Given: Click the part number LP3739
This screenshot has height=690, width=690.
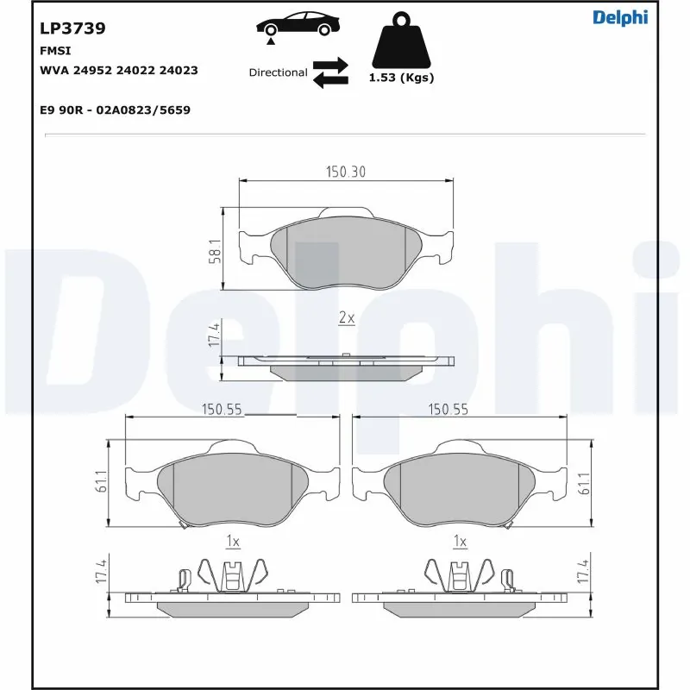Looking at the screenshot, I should pyautogui.click(x=72, y=28).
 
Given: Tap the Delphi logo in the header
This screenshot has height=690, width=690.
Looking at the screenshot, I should pyautogui.click(x=619, y=17).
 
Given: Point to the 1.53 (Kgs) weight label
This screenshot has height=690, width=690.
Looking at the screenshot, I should pyautogui.click(x=401, y=78).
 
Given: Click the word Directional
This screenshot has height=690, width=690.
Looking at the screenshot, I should pyautogui.click(x=278, y=72).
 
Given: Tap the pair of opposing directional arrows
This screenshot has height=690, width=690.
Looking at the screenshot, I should pyautogui.click(x=329, y=72).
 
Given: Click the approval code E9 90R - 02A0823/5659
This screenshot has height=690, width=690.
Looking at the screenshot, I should pyautogui.click(x=115, y=110).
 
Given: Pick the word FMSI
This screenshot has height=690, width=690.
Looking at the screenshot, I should pyautogui.click(x=55, y=50).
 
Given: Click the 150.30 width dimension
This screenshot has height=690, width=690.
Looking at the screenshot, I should pyautogui.click(x=345, y=172).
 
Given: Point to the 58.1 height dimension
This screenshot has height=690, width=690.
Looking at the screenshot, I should pyautogui.click(x=215, y=250).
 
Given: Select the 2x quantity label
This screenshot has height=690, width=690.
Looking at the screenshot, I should pyautogui.click(x=346, y=318).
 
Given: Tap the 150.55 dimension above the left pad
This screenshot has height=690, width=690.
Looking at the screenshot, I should pyautogui.click(x=221, y=410).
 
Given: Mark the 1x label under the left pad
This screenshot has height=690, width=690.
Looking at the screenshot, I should pyautogui.click(x=232, y=542).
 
